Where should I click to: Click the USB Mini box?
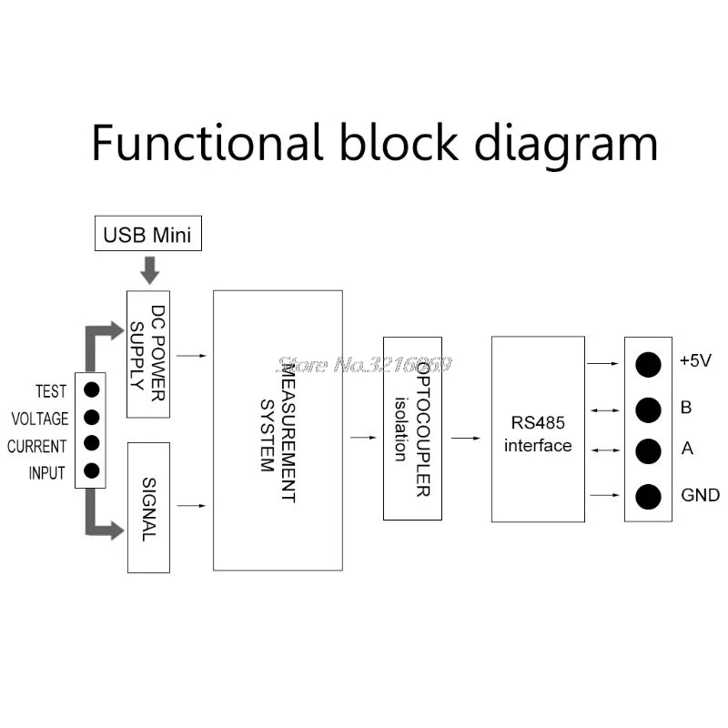tap(148, 233)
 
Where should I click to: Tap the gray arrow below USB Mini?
tap(150, 269)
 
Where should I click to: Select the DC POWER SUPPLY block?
tap(148, 354)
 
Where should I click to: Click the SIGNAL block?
tap(148, 508)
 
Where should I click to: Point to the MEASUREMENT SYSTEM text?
tap(278, 434)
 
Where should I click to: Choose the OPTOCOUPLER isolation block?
tap(412, 429)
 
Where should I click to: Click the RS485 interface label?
tap(538, 434)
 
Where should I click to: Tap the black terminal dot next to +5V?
tap(648, 365)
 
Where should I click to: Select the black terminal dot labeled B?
tap(648, 410)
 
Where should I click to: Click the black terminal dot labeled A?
tap(648, 451)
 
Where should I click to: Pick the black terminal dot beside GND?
tap(648, 497)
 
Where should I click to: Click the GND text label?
tap(700, 495)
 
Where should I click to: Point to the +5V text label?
tap(695, 360)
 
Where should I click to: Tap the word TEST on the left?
tap(51, 391)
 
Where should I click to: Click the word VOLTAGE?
tap(40, 419)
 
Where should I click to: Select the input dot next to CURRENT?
tap(92, 443)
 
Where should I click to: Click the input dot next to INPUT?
tap(92, 470)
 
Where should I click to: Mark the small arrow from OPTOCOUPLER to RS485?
tap(466, 438)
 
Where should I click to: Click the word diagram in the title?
tap(566, 145)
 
